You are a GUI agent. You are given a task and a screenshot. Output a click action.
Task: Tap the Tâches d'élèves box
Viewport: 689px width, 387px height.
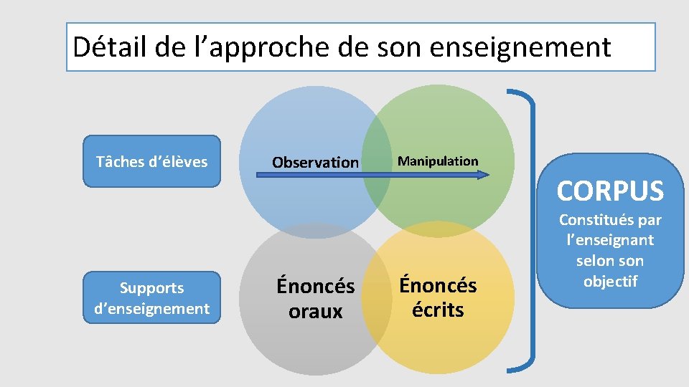(x=152, y=161)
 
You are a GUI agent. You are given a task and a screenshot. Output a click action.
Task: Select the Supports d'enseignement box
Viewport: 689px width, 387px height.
(x=152, y=298)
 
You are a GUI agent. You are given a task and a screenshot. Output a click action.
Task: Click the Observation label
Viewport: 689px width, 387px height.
(x=315, y=163)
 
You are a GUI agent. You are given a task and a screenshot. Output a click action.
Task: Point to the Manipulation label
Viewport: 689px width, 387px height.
(x=438, y=161)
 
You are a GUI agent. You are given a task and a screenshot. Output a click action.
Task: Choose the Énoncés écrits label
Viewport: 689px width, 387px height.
(x=438, y=297)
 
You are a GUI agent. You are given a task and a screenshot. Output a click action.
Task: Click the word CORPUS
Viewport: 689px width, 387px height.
(x=610, y=191)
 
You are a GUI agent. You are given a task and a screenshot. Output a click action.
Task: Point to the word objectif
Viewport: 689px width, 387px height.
(x=610, y=281)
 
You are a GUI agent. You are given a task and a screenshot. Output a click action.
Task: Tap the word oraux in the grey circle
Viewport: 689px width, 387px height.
(x=316, y=312)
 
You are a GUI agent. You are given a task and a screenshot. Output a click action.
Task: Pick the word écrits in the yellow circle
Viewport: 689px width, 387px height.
(x=438, y=310)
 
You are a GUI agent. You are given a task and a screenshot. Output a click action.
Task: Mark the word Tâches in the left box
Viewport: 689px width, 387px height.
(x=120, y=161)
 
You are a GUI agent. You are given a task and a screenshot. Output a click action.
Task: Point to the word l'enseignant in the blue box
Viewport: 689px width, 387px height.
(x=610, y=240)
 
